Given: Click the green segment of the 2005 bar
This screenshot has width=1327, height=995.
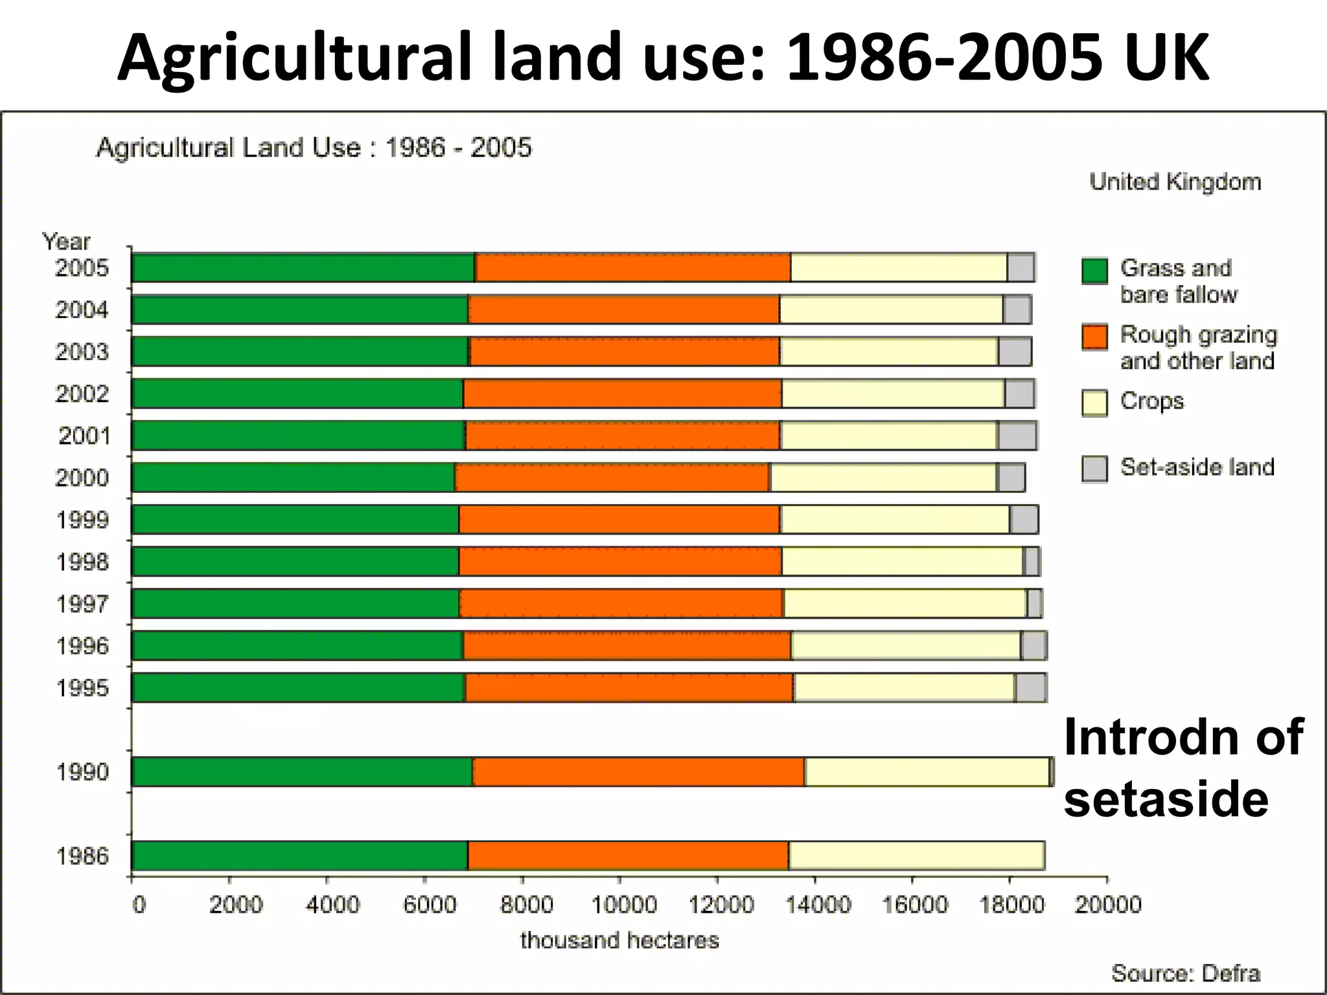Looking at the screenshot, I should pyautogui.click(x=303, y=268).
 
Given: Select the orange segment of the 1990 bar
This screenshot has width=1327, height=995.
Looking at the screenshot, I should pyautogui.click(x=638, y=772).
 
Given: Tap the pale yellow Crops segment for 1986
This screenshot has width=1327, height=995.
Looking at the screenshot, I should pyautogui.click(x=916, y=856).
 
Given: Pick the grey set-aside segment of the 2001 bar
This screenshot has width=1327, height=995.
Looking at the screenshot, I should pyautogui.click(x=1017, y=435).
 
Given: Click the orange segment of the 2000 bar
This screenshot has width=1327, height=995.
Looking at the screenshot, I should pyautogui.click(x=612, y=477).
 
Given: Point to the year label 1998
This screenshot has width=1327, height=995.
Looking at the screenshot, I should pyautogui.click(x=82, y=562).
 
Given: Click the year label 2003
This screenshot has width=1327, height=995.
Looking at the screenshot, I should pyautogui.click(x=82, y=352).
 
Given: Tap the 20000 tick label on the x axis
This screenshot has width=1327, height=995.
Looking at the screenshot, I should pyautogui.click(x=1107, y=905).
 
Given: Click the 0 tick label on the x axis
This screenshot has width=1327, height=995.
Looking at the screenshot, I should pyautogui.click(x=139, y=905).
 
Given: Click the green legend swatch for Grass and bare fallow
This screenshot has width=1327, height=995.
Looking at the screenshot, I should pyautogui.click(x=1094, y=271).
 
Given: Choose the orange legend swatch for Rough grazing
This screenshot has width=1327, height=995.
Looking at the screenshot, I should pyautogui.click(x=1094, y=337).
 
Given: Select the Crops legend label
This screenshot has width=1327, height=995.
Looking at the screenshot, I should pyautogui.click(x=1151, y=402).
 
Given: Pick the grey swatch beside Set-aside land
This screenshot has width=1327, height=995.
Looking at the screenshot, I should pyautogui.click(x=1094, y=468).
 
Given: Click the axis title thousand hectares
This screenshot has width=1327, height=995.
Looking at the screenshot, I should pyautogui.click(x=619, y=940).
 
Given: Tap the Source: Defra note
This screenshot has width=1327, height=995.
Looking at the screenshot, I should pyautogui.click(x=1185, y=973).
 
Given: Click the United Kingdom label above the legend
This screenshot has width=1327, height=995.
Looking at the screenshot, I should pyautogui.click(x=1175, y=182).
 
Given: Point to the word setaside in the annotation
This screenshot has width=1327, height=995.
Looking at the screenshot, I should pyautogui.click(x=1166, y=799).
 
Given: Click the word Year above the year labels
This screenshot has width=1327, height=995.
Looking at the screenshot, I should pyautogui.click(x=66, y=242).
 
